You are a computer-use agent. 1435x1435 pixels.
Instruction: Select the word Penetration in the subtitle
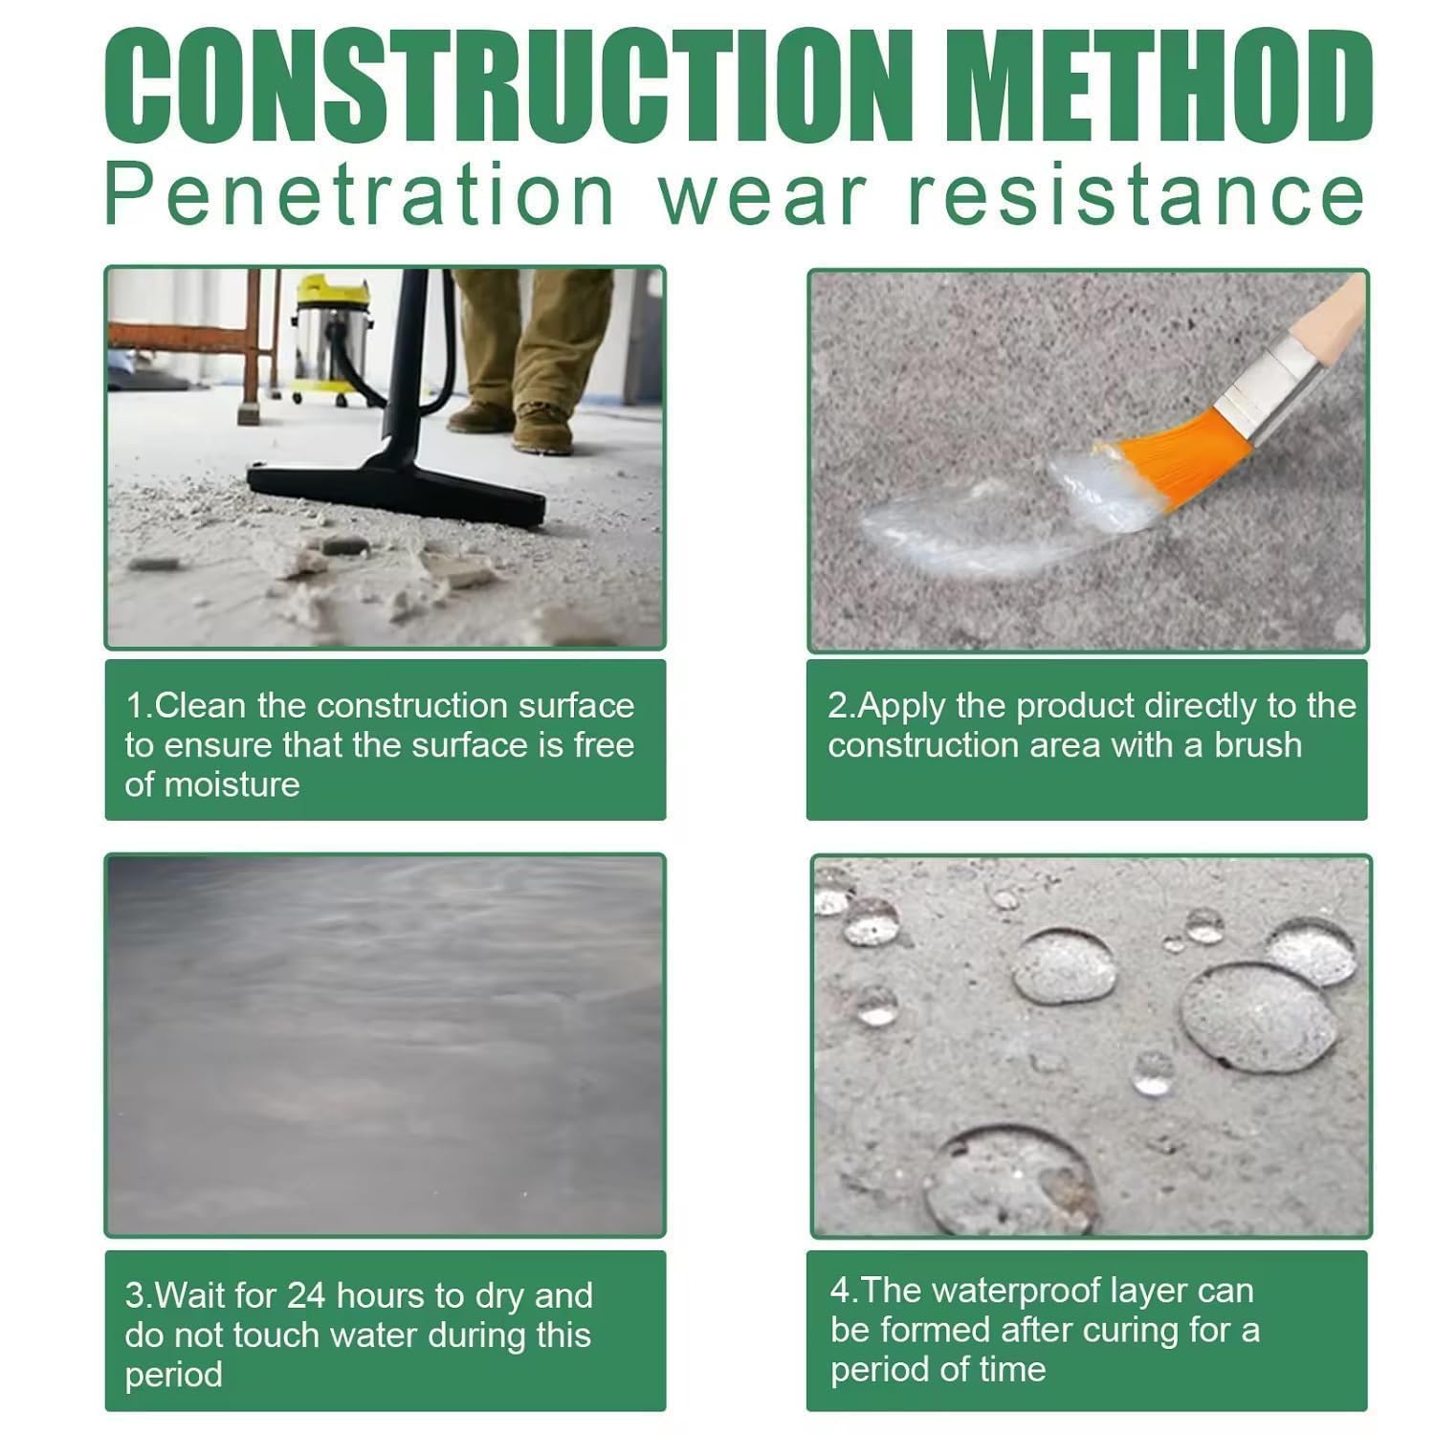coord(359,196)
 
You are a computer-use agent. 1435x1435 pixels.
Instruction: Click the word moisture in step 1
coord(232,785)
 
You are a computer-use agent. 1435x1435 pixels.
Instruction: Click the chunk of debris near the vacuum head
coord(344,546)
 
